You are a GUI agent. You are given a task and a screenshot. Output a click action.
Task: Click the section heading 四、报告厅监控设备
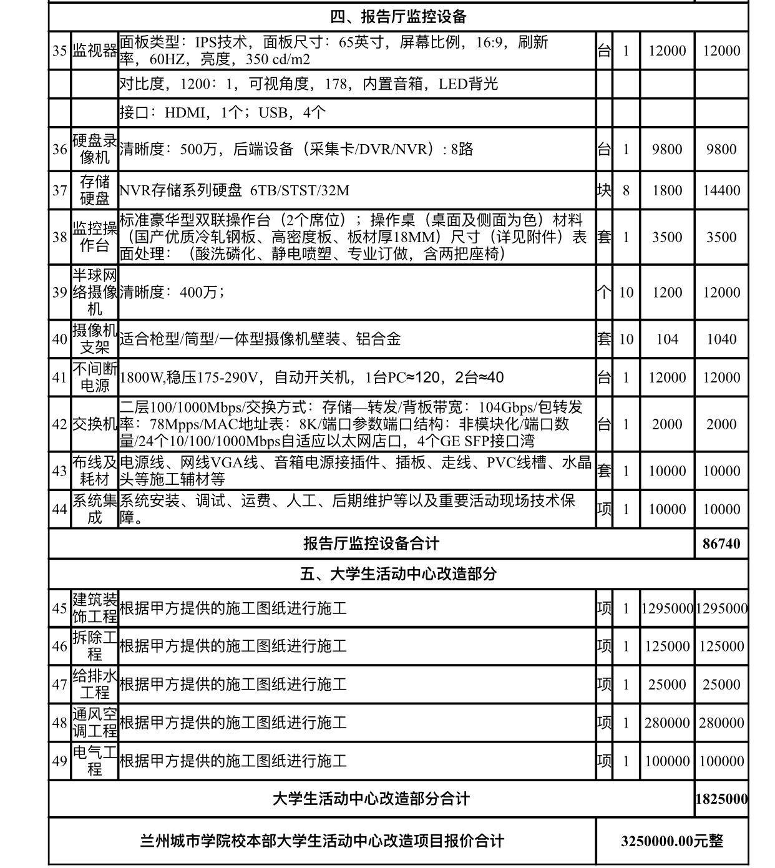tap(398, 17)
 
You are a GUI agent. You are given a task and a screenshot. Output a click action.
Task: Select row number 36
tap(60, 149)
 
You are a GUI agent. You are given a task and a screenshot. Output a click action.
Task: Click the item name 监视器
tap(95, 51)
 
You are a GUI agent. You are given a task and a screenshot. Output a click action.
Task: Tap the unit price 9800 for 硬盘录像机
tap(666, 149)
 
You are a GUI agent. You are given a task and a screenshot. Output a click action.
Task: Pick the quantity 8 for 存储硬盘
tap(626, 190)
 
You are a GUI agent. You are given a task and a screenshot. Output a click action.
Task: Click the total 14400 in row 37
tap(721, 190)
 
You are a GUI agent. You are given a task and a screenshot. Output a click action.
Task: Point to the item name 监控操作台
tap(95, 237)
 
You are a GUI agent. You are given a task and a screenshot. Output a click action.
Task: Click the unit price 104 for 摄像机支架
tap(666, 339)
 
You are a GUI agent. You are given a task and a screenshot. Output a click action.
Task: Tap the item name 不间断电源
tap(95, 378)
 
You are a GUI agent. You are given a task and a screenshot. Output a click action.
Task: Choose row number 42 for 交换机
tap(60, 424)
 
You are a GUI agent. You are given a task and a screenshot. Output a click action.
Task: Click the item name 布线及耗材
tap(95, 471)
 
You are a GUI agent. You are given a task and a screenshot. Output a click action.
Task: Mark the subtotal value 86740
tap(721, 544)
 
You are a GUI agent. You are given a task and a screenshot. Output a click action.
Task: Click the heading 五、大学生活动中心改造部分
tap(398, 573)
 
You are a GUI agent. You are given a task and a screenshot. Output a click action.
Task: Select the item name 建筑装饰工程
tap(95, 608)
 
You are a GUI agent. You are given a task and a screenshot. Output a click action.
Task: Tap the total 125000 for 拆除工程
tap(721, 646)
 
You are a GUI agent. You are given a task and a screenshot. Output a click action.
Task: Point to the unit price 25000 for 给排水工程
tap(666, 685)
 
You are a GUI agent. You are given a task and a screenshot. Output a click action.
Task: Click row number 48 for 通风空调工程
tap(60, 723)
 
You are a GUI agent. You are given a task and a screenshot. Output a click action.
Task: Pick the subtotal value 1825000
tap(721, 799)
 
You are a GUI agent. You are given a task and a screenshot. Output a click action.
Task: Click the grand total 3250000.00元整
tap(671, 841)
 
